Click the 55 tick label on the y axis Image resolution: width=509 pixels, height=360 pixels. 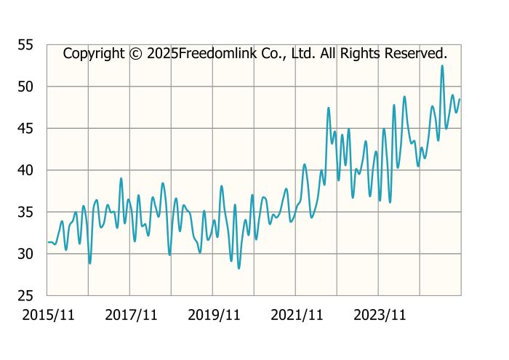pos(26,45)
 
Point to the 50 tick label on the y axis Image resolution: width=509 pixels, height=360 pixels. pos(26,87)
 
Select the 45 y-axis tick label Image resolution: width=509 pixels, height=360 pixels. pos(26,129)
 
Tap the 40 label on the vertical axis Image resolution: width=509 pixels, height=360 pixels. pos(26,170)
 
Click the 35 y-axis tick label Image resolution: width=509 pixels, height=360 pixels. pos(26,212)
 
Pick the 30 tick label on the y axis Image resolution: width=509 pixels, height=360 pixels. pos(26,254)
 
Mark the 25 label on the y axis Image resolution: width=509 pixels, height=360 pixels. pos(26,296)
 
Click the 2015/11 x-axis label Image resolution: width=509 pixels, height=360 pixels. pos(48,315)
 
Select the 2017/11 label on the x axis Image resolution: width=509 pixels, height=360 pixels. pos(131,315)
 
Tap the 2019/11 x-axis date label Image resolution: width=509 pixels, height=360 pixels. pos(214,315)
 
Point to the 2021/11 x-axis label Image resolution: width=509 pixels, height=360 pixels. pos(297,315)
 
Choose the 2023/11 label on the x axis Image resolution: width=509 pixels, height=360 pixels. pos(380,315)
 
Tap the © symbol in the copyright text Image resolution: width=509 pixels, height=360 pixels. pos(136,54)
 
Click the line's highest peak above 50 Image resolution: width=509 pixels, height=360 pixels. pos(442,66)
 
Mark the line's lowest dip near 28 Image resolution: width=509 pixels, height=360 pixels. pos(239,268)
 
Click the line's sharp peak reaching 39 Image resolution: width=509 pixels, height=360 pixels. pos(121,178)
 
